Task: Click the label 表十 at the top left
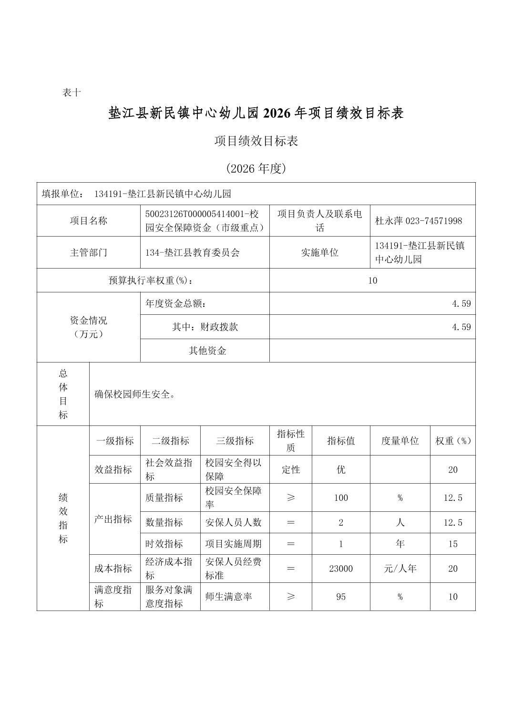click(72, 93)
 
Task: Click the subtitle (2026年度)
click(256, 168)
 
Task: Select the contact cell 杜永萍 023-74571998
click(419, 221)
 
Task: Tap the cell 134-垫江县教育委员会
click(193, 252)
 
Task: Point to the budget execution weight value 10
click(372, 280)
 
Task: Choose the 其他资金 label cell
click(207, 351)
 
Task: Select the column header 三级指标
click(235, 441)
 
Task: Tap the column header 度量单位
click(399, 441)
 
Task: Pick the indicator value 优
click(341, 470)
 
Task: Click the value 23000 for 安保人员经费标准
click(341, 569)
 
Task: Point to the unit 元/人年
click(399, 569)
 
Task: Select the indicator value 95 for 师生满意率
click(341, 597)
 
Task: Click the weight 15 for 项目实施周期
click(453, 544)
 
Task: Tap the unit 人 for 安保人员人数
click(399, 522)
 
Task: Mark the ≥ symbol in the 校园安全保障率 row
click(291, 497)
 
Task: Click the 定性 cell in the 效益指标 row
click(291, 470)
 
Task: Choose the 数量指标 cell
click(164, 522)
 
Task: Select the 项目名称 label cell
click(89, 221)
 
